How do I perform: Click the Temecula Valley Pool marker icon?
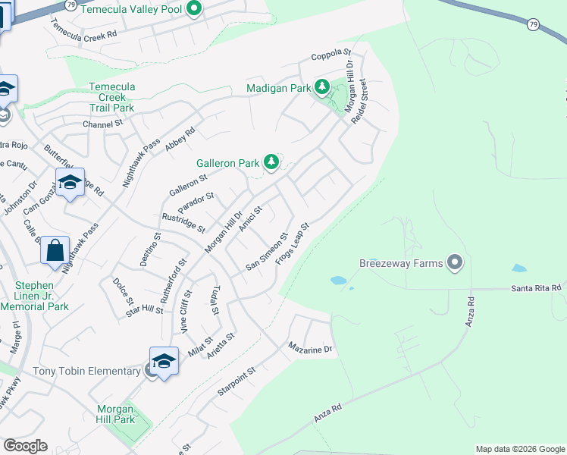click(x=193, y=9)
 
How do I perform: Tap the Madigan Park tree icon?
click(x=321, y=88)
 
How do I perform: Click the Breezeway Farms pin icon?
click(x=455, y=263)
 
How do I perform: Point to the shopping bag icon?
click(x=55, y=249)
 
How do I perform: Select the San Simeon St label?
click(x=267, y=252)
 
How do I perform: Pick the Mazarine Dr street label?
click(x=310, y=348)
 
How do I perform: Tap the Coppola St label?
click(x=332, y=56)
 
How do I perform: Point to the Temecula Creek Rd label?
click(x=83, y=28)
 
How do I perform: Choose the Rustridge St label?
click(x=183, y=222)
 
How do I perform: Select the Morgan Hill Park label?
click(x=116, y=414)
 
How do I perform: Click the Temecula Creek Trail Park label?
click(x=111, y=97)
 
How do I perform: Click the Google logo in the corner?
click(x=25, y=446)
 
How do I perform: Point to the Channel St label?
click(x=102, y=124)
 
